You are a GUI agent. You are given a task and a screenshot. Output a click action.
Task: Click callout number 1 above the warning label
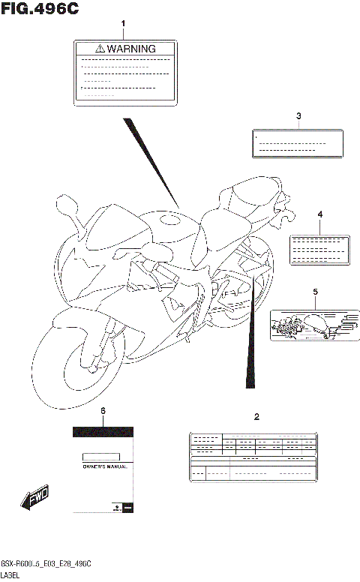124,25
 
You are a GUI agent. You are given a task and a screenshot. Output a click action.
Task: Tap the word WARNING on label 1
131,48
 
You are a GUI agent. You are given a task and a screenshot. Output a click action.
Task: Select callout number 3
298,115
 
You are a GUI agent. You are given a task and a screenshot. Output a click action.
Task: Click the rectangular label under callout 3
298,143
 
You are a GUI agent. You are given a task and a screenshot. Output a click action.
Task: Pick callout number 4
319,214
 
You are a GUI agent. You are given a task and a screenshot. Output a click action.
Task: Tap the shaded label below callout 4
319,247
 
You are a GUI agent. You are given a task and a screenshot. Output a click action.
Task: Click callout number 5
315,291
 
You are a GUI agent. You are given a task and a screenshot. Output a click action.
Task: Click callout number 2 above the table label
256,416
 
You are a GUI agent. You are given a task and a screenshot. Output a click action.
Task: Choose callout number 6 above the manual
103,412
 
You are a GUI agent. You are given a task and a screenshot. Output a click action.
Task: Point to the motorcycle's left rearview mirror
66,204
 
